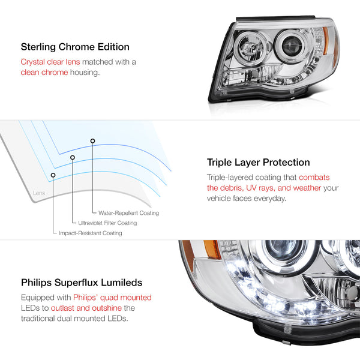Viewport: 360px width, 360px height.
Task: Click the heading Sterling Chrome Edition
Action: pyautogui.click(x=75, y=46)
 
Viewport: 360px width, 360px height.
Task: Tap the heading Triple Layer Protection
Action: pyautogui.click(x=258, y=162)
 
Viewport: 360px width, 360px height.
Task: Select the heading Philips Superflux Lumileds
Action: pyautogui.click(x=82, y=281)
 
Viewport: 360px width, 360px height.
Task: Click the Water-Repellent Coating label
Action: pyautogui.click(x=125, y=213)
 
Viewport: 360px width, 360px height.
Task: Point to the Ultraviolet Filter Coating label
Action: pyautogui.click(x=107, y=223)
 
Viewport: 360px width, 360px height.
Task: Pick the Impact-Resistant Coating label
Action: pyautogui.click(x=91, y=233)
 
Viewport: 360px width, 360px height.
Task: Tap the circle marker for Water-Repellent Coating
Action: pyautogui.click(x=92, y=141)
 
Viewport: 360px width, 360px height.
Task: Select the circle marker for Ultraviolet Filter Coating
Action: pyautogui.click(x=73, y=158)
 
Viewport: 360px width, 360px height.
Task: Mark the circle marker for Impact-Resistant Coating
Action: pyautogui.click(x=53, y=175)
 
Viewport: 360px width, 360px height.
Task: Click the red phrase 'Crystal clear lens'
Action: pyautogui.click(x=50, y=62)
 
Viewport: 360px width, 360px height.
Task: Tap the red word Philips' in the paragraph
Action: pyautogui.click(x=88, y=297)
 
